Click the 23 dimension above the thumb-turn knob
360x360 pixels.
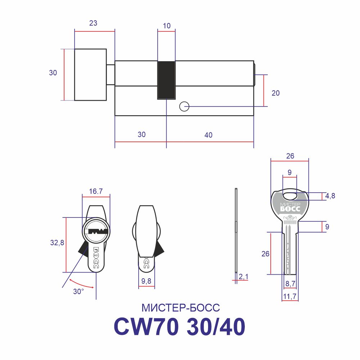(93, 23)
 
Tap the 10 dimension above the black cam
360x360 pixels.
(167, 26)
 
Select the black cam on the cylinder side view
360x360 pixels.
(166, 80)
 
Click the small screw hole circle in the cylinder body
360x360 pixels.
(184, 107)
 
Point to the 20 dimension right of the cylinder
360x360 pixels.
(275, 93)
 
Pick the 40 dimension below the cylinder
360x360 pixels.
(208, 135)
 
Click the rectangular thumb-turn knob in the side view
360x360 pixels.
(90, 75)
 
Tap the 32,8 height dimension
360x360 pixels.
(57, 242)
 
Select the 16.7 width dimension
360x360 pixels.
(96, 191)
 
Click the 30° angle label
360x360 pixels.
(78, 291)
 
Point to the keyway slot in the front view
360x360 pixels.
(96, 231)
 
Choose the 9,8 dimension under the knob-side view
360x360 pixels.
(146, 281)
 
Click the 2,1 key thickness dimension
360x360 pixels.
(243, 276)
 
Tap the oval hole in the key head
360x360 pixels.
(290, 196)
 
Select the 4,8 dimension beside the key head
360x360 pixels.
(330, 196)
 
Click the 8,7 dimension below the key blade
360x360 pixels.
(290, 284)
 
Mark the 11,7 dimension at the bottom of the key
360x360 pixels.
(290, 296)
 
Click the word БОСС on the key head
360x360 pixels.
(290, 209)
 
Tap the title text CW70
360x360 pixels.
(147, 327)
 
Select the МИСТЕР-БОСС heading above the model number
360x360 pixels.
(181, 308)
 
